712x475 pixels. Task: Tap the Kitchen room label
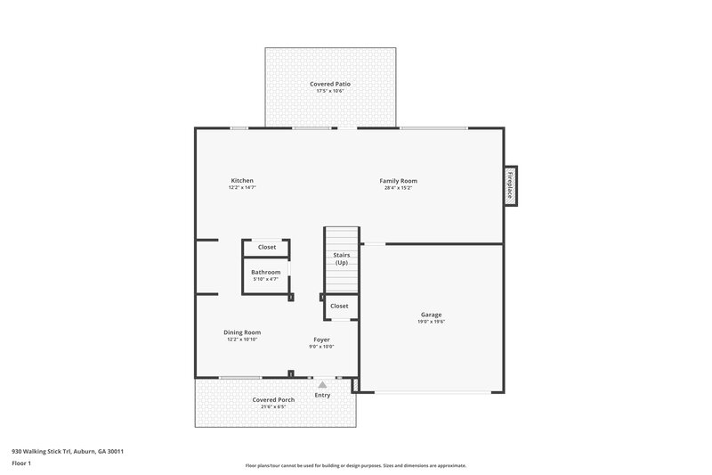pyautogui.click(x=242, y=181)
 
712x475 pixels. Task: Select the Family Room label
pyautogui.click(x=400, y=181)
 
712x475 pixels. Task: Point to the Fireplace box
pyautogui.click(x=512, y=186)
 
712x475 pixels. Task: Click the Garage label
pyautogui.click(x=431, y=314)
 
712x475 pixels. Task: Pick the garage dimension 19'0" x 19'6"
pyautogui.click(x=431, y=322)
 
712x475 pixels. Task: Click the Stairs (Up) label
pyautogui.click(x=341, y=258)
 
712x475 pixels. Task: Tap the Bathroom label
pyautogui.click(x=265, y=272)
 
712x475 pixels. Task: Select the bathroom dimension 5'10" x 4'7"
pyautogui.click(x=265, y=280)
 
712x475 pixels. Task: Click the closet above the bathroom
pyautogui.click(x=267, y=247)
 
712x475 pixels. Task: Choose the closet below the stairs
pyautogui.click(x=339, y=306)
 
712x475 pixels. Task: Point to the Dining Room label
pyautogui.click(x=242, y=332)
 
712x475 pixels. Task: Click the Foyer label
pyautogui.click(x=321, y=340)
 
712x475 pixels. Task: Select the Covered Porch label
pyautogui.click(x=273, y=400)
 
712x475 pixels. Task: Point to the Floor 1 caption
pyautogui.click(x=21, y=463)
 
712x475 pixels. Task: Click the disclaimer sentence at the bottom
pyautogui.click(x=355, y=465)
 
